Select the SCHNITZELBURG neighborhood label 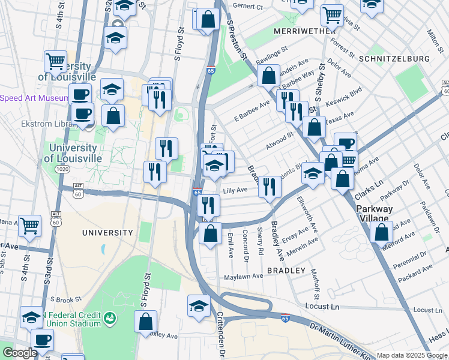click(394, 59)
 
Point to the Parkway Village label click(375, 214)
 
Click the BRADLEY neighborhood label click(287, 271)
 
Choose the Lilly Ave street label click(235, 190)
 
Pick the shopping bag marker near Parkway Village click(381, 232)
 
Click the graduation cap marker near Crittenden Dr click(199, 306)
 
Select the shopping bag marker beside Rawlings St click(268, 76)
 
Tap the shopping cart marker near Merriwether click(331, 14)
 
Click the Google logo click(20, 353)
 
